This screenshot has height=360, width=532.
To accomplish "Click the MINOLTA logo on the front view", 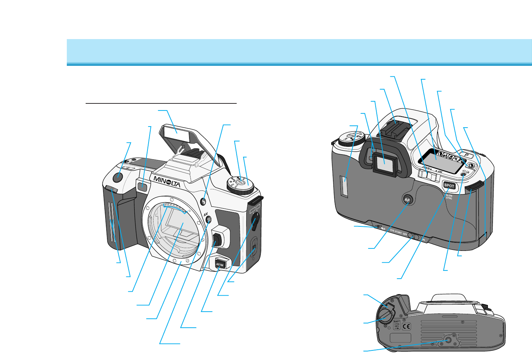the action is click(x=167, y=181).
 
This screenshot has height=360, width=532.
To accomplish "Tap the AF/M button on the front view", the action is click(x=220, y=264).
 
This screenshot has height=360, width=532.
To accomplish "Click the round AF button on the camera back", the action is click(x=407, y=200).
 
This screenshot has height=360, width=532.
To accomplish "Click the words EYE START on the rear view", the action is click(x=396, y=232).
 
